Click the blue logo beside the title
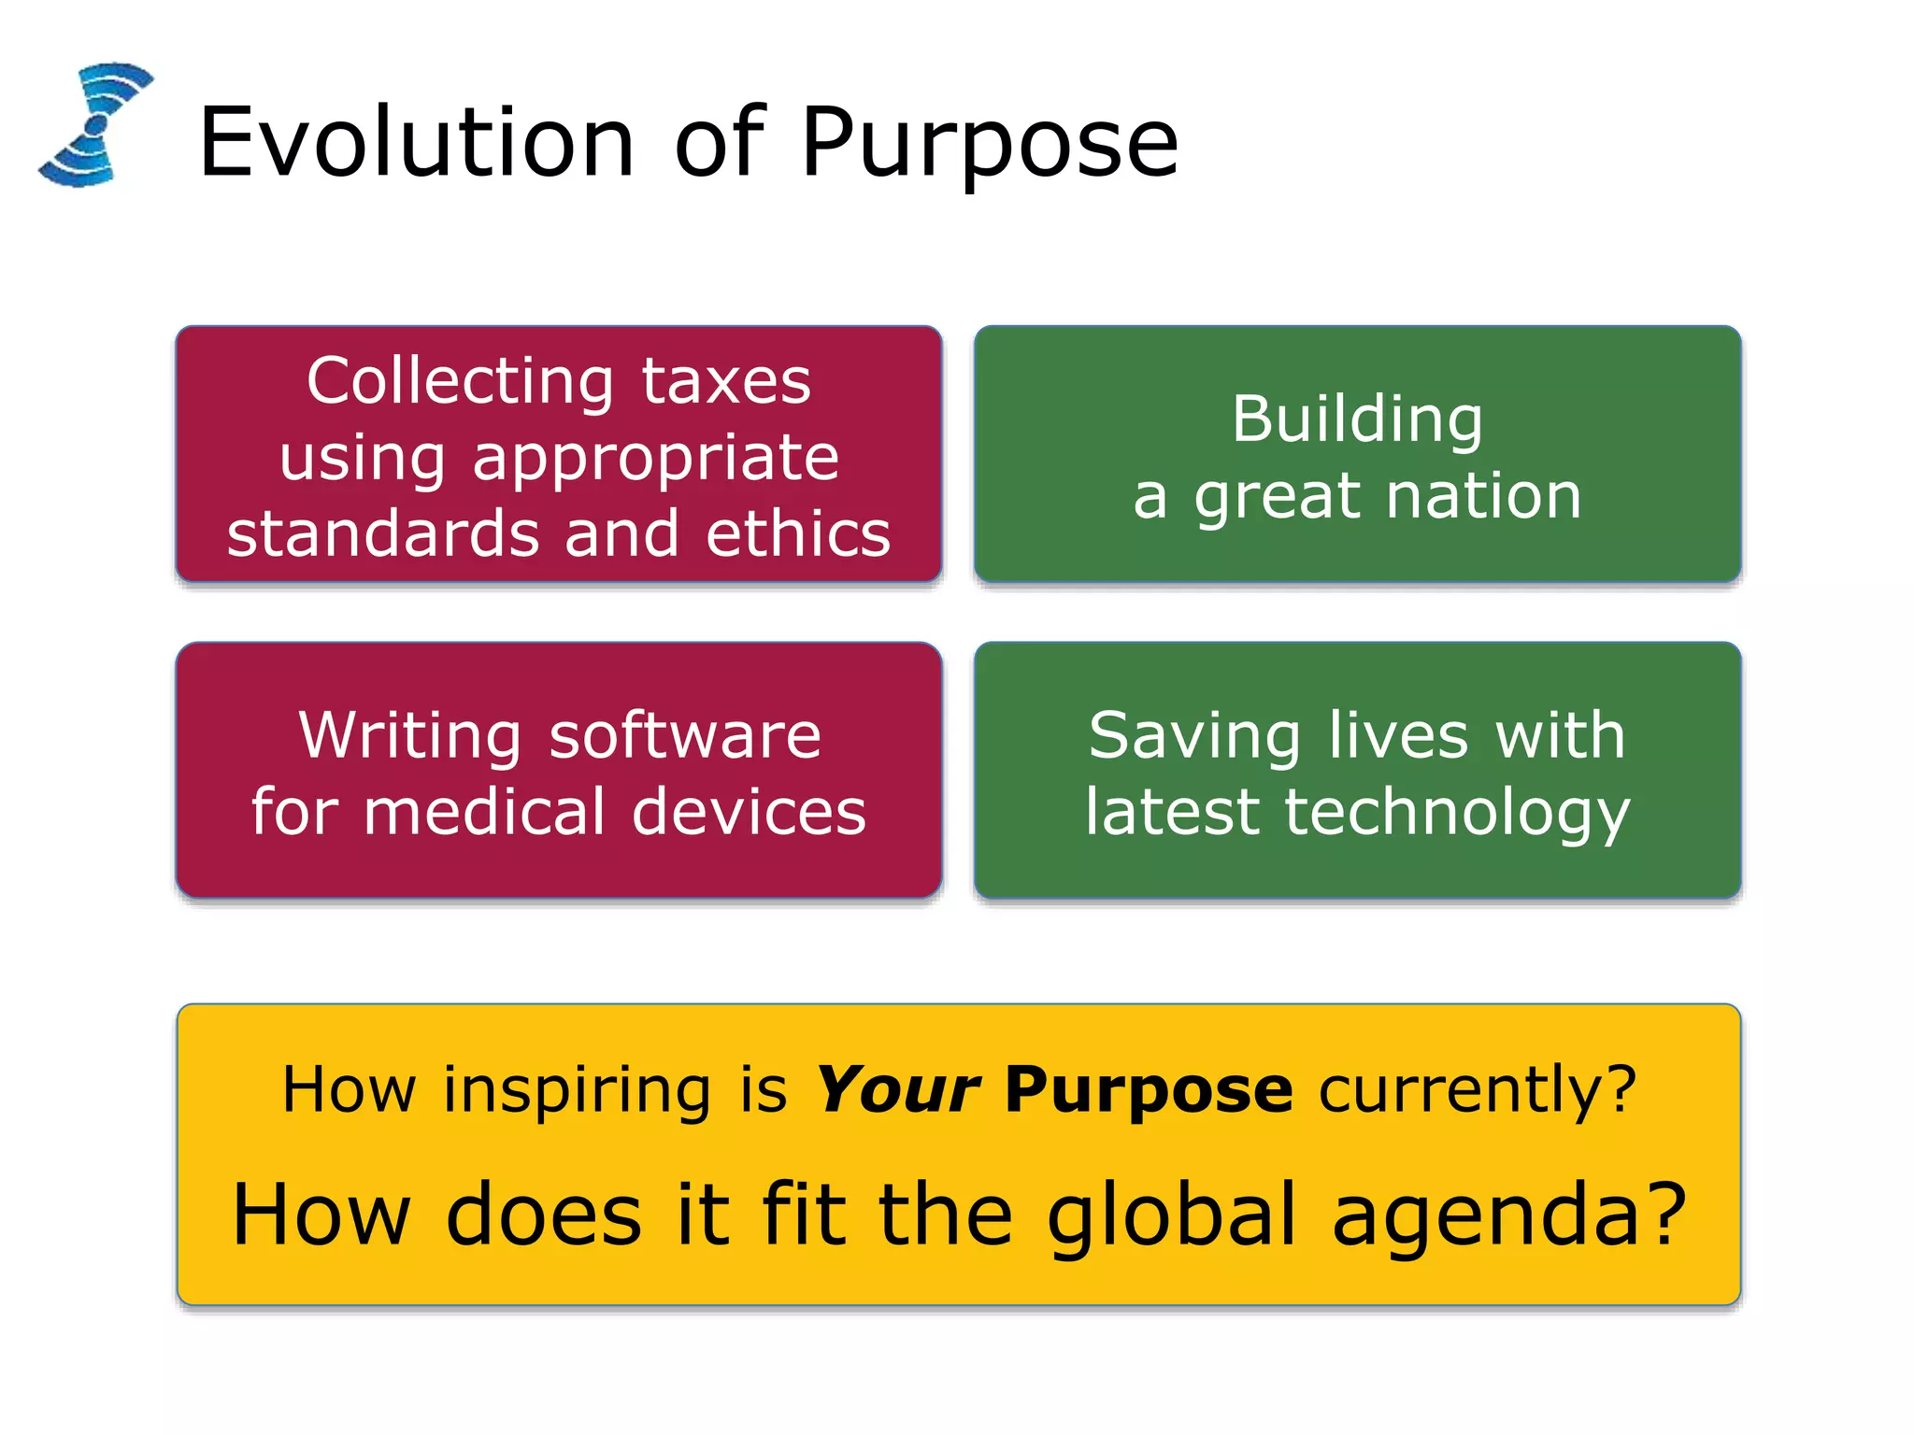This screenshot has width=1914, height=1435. click(95, 124)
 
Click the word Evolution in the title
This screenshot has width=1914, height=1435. click(417, 143)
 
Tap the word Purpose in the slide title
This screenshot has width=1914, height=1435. click(990, 143)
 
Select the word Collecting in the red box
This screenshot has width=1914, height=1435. click(460, 382)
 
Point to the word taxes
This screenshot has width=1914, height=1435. click(726, 382)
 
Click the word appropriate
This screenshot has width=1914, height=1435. click(655, 459)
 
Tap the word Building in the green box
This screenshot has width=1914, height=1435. click(1357, 419)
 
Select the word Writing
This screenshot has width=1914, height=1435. click(409, 736)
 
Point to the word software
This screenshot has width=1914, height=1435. click(685, 736)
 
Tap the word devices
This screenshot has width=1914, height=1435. click(749, 811)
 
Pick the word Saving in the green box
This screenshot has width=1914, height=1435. click(1193, 736)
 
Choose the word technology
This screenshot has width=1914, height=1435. click(1457, 813)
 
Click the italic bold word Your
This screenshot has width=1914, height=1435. click(897, 1089)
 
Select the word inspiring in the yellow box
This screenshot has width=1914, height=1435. click(577, 1091)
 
